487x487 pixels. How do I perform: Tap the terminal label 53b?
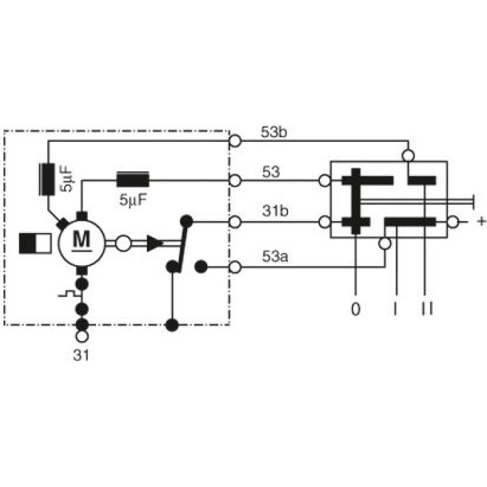pyautogui.click(x=274, y=132)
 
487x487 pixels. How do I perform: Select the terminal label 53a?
pyautogui.click(x=276, y=257)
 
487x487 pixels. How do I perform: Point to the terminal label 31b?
pyautogui.click(x=276, y=211)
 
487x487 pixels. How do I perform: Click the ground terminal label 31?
pyautogui.click(x=81, y=356)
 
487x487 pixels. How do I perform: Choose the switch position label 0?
pyautogui.click(x=356, y=309)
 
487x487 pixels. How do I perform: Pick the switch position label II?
pyautogui.click(x=427, y=309)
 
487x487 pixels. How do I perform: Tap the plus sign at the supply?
pyautogui.click(x=481, y=221)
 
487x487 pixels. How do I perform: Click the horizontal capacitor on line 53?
pyautogui.click(x=133, y=179)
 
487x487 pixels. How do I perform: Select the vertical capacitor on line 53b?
pyautogui.click(x=47, y=179)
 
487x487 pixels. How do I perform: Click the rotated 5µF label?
pyautogui.click(x=66, y=179)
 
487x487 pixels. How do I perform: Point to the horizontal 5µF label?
pyautogui.click(x=133, y=200)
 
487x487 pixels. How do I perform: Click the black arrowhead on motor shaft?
pyautogui.click(x=154, y=243)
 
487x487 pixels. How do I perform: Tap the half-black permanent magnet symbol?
pyautogui.click(x=35, y=243)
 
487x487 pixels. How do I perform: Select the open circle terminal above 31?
pyautogui.click(x=82, y=336)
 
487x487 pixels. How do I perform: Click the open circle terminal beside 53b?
pyautogui.click(x=235, y=141)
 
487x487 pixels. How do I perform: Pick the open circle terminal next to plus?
pyautogui.click(x=453, y=222)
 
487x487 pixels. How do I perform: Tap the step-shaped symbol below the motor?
pyautogui.click(x=67, y=294)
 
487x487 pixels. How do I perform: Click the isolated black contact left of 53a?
pyautogui.click(x=201, y=266)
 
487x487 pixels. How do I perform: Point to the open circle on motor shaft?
pyautogui.click(x=123, y=243)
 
